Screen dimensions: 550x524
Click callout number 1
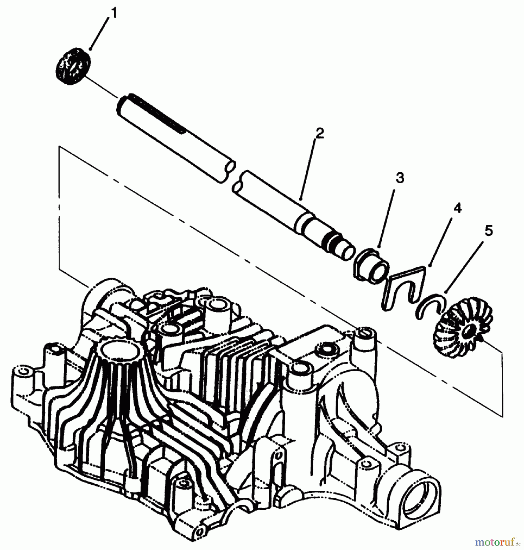click(113, 14)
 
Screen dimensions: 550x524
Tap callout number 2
click(319, 134)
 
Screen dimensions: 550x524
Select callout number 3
click(400, 178)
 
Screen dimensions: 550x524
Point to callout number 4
click(457, 208)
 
